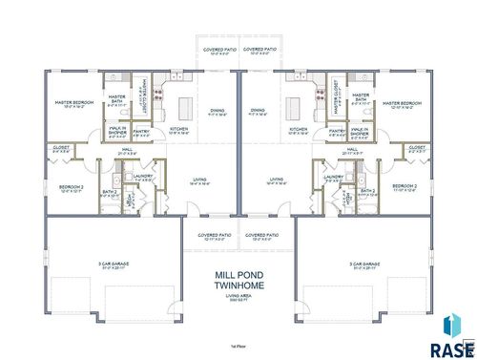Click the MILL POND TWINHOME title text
pos(238,279)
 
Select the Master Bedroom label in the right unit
pos(404,104)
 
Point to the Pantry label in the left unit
pos(140,131)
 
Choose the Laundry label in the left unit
pos(145,177)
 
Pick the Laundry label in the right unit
pos(333,177)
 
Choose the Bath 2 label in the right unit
pos(366,190)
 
